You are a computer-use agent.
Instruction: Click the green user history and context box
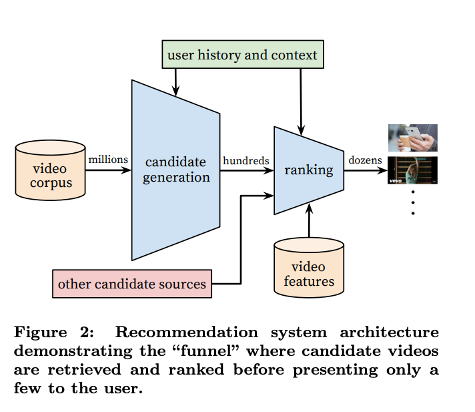pyautogui.click(x=242, y=54)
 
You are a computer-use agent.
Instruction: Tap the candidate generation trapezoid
pyautogui.click(x=176, y=170)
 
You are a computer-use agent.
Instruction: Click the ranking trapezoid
pyautogui.click(x=308, y=170)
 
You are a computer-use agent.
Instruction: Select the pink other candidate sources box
pyautogui.click(x=132, y=284)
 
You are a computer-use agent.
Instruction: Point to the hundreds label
pyautogui.click(x=246, y=160)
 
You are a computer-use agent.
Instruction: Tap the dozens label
pyautogui.click(x=365, y=160)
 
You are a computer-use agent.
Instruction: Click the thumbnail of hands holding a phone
pyautogui.click(x=413, y=138)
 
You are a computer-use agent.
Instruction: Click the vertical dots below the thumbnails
pyautogui.click(x=413, y=202)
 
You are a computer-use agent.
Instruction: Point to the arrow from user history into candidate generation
pyautogui.click(x=176, y=81)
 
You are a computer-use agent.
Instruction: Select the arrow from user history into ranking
pyautogui.click(x=301, y=100)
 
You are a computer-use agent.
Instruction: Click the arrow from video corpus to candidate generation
pyautogui.click(x=108, y=170)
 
